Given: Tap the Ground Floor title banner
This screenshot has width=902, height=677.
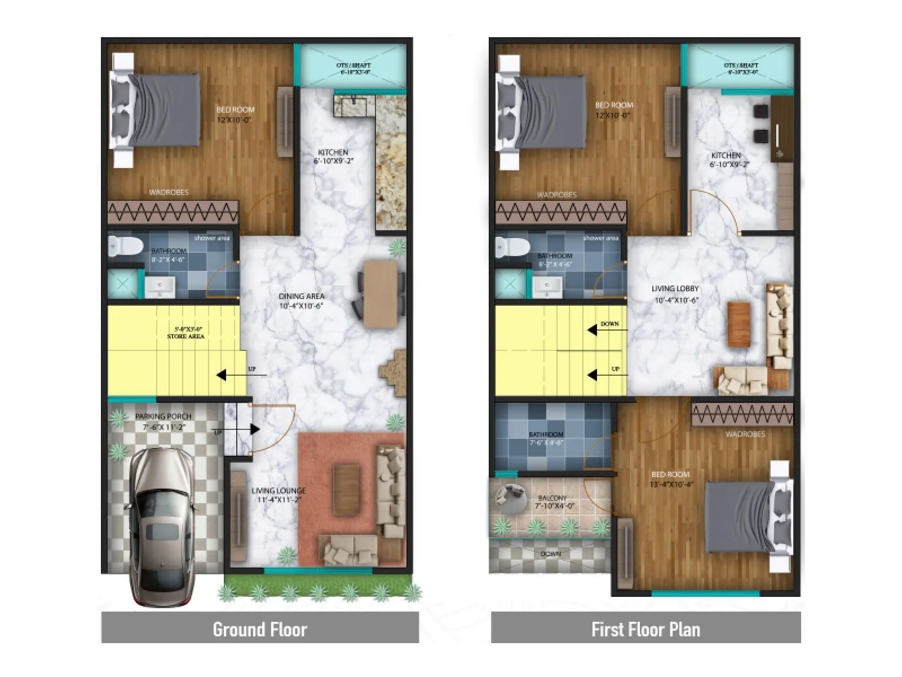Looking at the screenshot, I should (260, 629).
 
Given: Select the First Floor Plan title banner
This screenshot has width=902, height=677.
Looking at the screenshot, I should (645, 629).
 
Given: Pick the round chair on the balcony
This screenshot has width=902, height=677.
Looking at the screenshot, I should (506, 495).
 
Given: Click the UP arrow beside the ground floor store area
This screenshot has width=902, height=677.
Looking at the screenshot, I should (223, 375).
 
